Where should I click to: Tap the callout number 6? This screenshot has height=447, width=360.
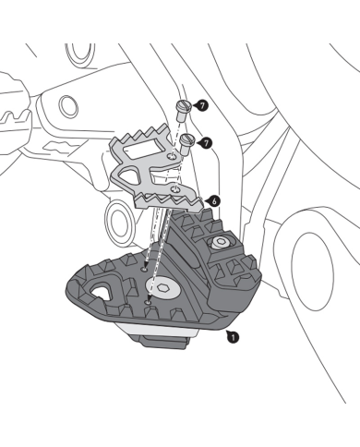213,199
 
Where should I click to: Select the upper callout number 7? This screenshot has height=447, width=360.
203,106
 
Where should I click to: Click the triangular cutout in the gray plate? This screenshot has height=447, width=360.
140,172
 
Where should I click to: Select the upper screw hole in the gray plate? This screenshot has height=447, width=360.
174,160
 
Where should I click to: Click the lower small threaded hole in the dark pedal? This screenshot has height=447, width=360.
149,301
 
